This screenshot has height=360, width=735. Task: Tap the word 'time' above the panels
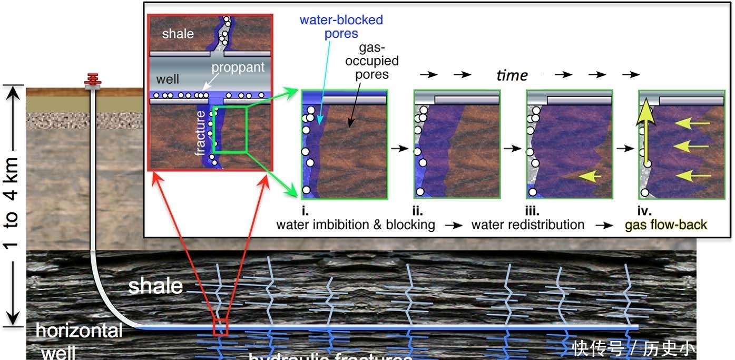pos(512,75)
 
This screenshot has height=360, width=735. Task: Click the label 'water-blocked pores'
pos(341,27)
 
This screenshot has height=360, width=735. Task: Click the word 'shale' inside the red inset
pos(178,34)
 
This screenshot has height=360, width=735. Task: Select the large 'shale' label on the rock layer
pos(155,286)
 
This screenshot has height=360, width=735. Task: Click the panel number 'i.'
pos(305,212)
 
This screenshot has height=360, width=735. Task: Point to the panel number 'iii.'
pos(532,212)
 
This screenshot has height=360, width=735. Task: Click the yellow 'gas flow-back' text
pos(666,225)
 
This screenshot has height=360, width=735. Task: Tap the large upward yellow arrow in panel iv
pos(643,132)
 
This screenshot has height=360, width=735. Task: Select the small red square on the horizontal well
pos(220,327)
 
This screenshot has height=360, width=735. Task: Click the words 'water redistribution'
pos(527,225)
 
